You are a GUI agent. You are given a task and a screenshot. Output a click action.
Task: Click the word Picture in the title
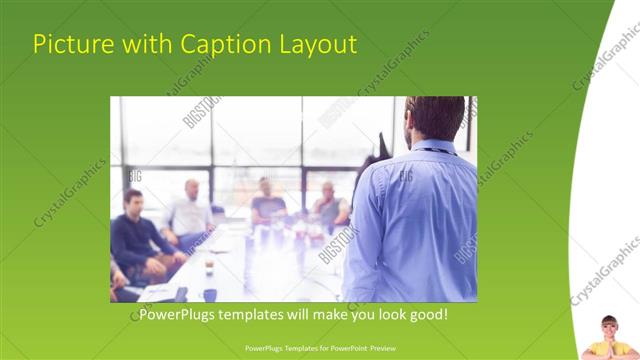66,44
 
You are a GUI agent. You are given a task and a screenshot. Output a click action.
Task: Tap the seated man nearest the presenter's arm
330,205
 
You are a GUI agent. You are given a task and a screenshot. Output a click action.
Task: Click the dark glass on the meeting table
209,292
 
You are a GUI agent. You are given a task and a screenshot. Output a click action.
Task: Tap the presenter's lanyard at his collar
432,151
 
